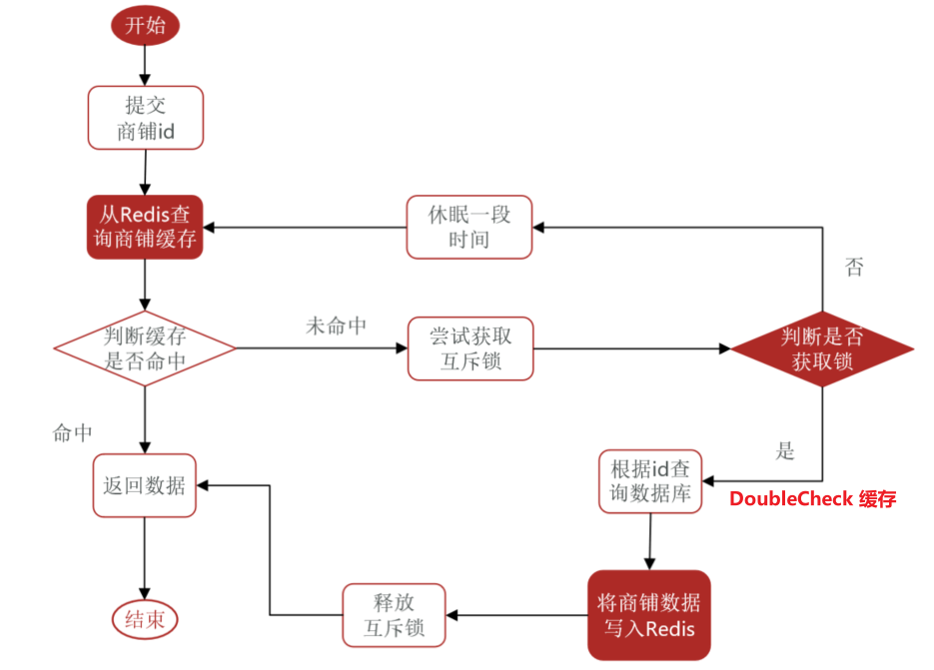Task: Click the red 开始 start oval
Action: coord(145,26)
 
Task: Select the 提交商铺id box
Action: coord(146,118)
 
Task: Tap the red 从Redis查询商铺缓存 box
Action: coord(145,227)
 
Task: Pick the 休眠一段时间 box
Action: coord(469,227)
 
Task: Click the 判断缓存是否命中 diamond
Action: coord(145,348)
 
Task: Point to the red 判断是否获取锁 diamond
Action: coord(822,348)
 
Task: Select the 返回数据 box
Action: coord(145,485)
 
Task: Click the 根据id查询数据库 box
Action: coord(650,482)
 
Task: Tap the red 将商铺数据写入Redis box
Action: coord(649,615)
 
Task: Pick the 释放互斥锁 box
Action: coord(394,615)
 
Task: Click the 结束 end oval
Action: coord(145,620)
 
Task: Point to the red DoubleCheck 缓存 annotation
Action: coord(812,498)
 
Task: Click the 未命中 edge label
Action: coord(336,327)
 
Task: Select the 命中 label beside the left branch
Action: coord(73,432)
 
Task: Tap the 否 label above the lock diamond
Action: coord(854,267)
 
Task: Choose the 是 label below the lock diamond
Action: coord(785,450)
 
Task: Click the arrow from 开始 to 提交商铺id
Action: coord(145,66)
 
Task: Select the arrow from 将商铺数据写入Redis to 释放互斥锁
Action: coord(517,615)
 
